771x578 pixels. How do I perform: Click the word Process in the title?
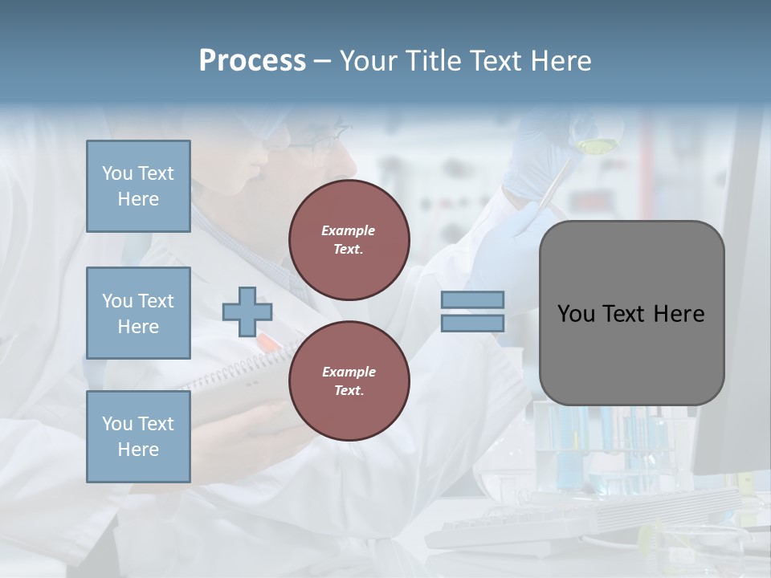pyautogui.click(x=252, y=61)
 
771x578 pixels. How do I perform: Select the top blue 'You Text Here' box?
pyautogui.click(x=138, y=186)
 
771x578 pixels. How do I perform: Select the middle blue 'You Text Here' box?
pyautogui.click(x=138, y=313)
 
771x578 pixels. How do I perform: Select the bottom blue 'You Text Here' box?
pyautogui.click(x=138, y=437)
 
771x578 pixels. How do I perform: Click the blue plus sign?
pyautogui.click(x=247, y=311)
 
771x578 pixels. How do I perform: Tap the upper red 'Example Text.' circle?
pyautogui.click(x=349, y=240)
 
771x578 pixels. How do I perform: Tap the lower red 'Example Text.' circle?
pyautogui.click(x=349, y=381)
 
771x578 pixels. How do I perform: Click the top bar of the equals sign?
pyautogui.click(x=472, y=299)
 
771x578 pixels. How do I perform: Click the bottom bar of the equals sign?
pyautogui.click(x=472, y=323)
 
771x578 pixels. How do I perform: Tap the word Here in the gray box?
pyautogui.click(x=679, y=314)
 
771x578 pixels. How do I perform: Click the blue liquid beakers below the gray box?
pyautogui.click(x=610, y=450)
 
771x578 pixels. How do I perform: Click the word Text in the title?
pyautogui.click(x=494, y=61)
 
